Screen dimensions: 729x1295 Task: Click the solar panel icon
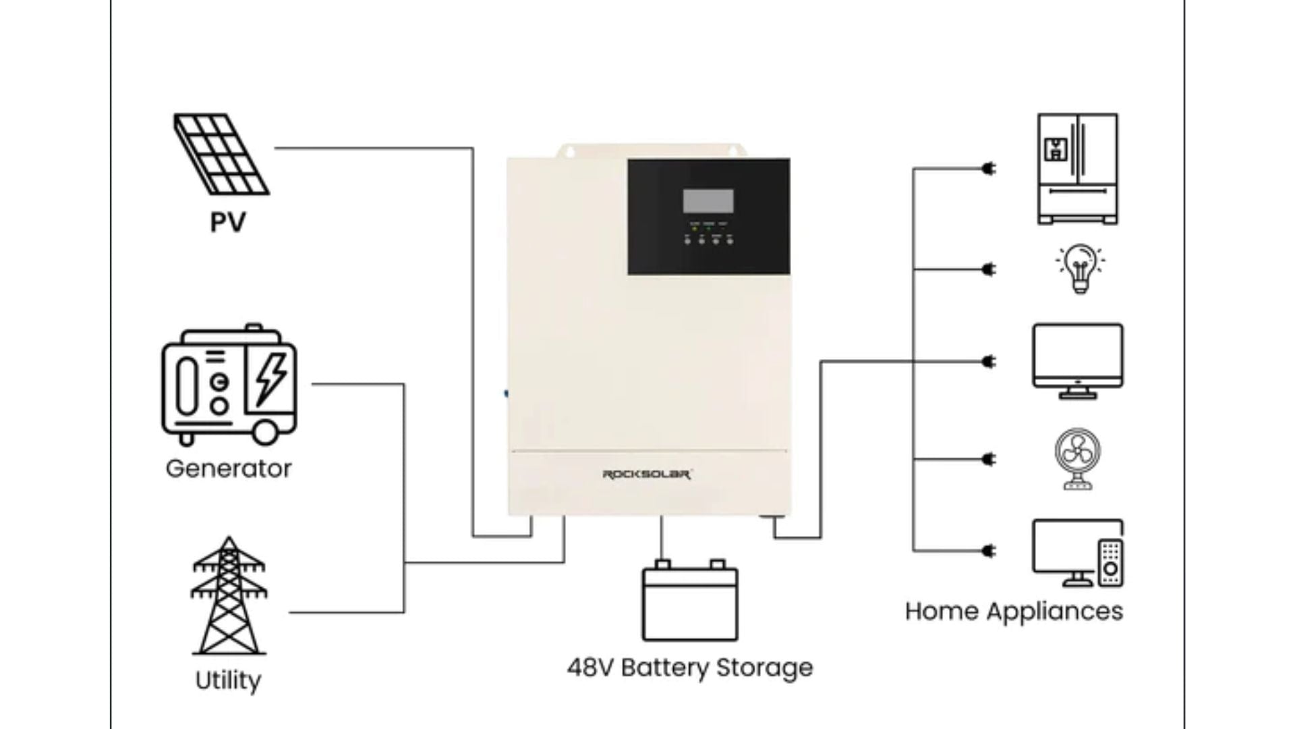coord(221,154)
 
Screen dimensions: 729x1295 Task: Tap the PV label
coord(227,222)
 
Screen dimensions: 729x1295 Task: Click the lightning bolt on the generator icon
coord(270,379)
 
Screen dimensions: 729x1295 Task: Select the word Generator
coord(229,468)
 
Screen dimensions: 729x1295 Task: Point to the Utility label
coord(228,680)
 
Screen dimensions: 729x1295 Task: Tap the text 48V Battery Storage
coord(689,668)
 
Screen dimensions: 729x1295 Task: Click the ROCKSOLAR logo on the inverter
coord(646,475)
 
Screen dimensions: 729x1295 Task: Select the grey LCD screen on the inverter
coord(708,200)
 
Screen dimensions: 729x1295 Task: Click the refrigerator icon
coord(1077,169)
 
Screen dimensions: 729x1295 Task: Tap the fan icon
coord(1077,459)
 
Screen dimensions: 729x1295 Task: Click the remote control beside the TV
coord(1110,562)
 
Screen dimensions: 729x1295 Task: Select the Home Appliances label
coord(1014,611)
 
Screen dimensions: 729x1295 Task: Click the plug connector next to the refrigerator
coord(988,169)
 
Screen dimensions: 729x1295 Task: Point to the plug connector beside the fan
coord(988,459)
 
